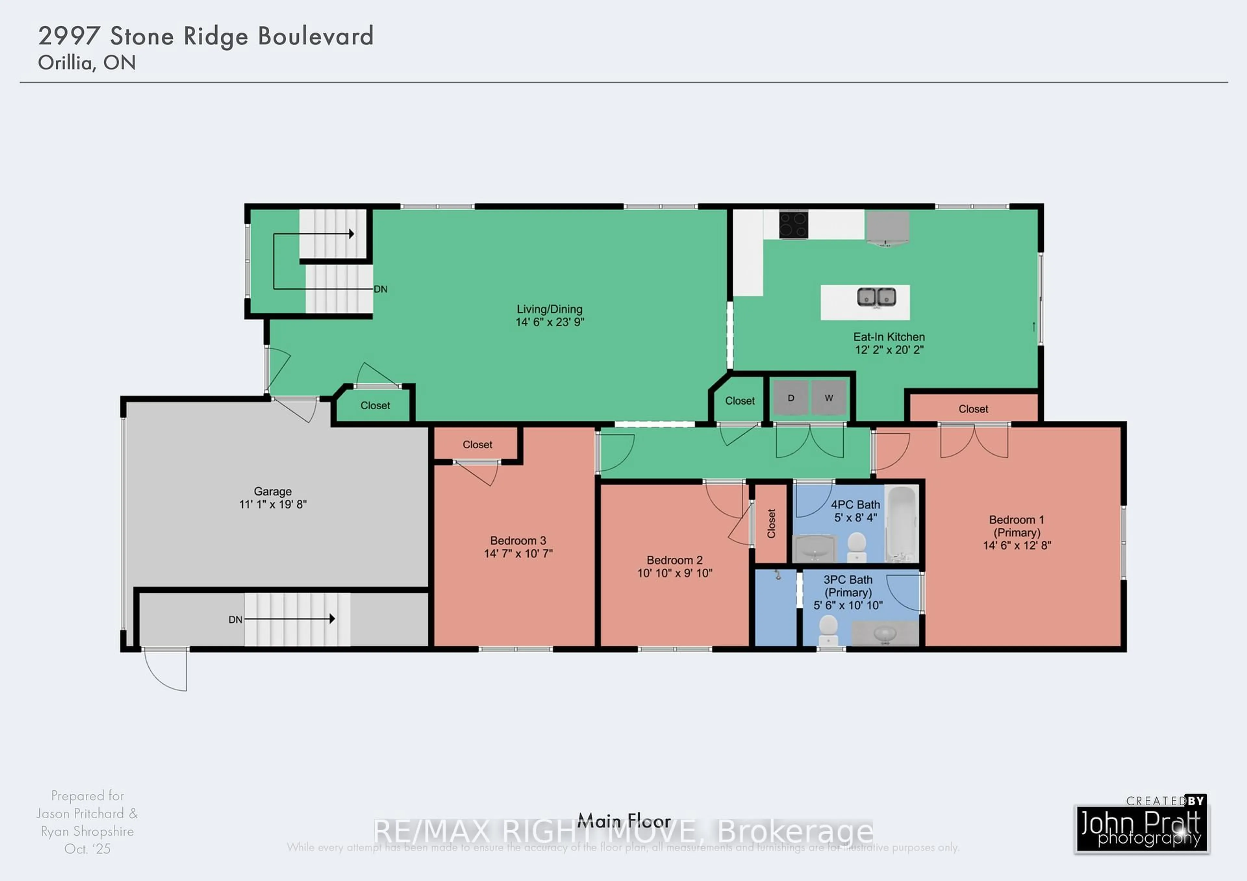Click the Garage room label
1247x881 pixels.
pyautogui.click(x=273, y=491)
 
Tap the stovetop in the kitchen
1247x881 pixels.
pyautogui.click(x=793, y=225)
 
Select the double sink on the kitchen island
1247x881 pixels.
pyautogui.click(x=876, y=297)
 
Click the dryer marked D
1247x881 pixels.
pyautogui.click(x=791, y=398)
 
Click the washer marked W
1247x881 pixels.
pyautogui.click(x=829, y=398)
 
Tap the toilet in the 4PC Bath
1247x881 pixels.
pyautogui.click(x=856, y=546)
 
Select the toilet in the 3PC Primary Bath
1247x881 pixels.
pyautogui.click(x=828, y=630)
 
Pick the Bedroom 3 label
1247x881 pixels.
pyautogui.click(x=518, y=541)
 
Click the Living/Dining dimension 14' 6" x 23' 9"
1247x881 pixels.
pyautogui.click(x=550, y=322)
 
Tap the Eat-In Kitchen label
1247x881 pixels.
pyautogui.click(x=888, y=337)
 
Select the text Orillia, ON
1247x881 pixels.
pyautogui.click(x=87, y=63)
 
